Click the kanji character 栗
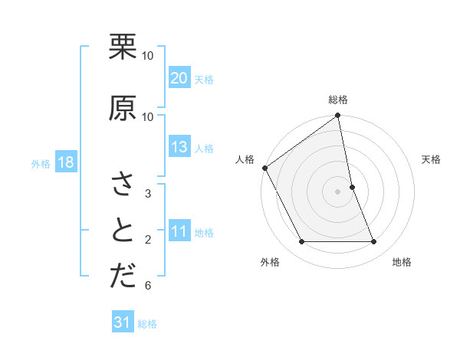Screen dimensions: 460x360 [123, 47]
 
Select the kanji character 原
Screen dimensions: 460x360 [123, 108]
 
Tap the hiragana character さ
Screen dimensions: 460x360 [123, 185]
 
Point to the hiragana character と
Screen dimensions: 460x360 [123, 230]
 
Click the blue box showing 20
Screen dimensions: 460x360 [179, 78]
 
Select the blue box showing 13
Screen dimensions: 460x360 [179, 148]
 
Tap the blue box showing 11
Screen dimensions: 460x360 [179, 232]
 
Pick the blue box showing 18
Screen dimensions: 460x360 [65, 163]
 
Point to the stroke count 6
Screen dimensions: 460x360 [147, 286]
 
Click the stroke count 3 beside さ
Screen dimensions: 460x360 [147, 193]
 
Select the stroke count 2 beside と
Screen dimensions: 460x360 [147, 240]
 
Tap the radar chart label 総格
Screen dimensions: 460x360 [338, 100]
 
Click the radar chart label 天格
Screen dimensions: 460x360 [431, 159]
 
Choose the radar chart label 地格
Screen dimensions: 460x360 [402, 262]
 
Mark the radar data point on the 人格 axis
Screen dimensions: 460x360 [264, 168]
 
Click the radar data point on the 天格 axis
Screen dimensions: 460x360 [352, 186]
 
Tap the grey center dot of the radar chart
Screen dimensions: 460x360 [338, 191]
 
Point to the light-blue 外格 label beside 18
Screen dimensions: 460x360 [41, 164]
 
